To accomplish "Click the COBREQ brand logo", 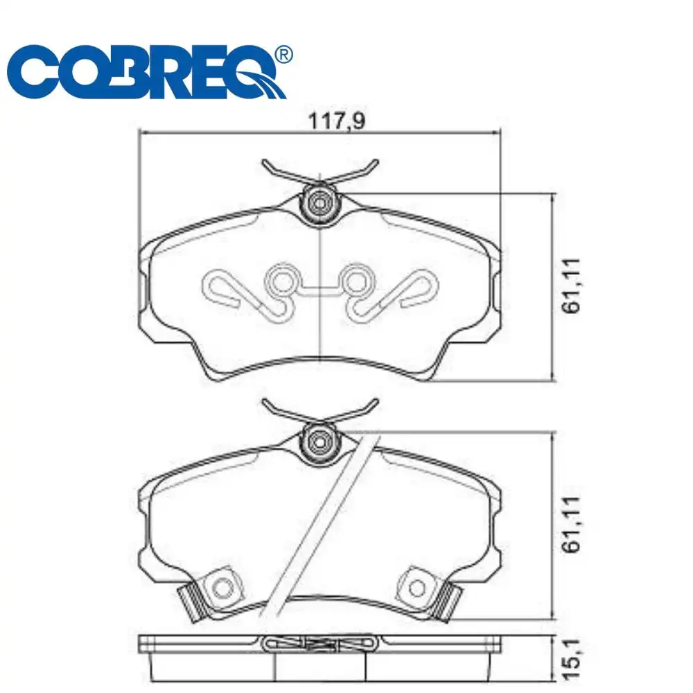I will point(149,72).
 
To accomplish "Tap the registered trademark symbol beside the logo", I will point(284,54).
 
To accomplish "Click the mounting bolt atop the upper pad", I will point(319,203).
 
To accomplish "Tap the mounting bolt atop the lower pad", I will point(319,441).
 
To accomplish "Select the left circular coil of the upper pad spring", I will point(282,282).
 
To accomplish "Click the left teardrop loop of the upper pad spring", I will point(220,286).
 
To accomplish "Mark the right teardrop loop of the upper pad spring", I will point(420,286).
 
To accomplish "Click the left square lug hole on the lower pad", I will point(222,587).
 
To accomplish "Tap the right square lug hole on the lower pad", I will point(417,587).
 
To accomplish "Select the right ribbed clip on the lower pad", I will point(450,600).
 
